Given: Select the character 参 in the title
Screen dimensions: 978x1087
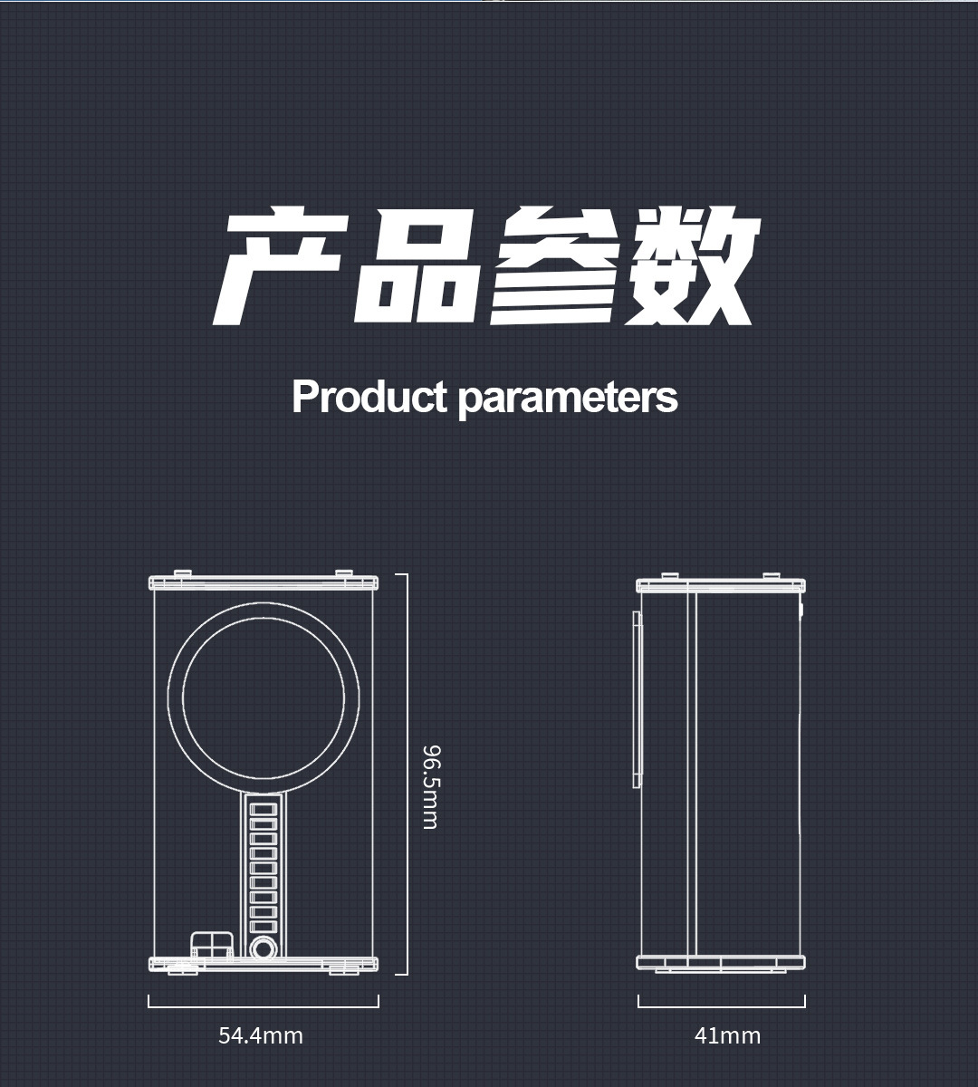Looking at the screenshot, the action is pyautogui.click(x=554, y=268).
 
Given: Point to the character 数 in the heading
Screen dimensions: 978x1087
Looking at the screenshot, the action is pyautogui.click(x=690, y=268).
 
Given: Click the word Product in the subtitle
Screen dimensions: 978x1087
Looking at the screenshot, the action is pyautogui.click(x=369, y=397).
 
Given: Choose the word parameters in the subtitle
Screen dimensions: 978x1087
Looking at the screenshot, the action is pyautogui.click(x=568, y=399).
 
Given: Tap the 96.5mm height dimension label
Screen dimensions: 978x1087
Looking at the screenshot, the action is pyautogui.click(x=431, y=786).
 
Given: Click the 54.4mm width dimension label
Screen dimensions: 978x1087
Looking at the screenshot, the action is pyautogui.click(x=261, y=1034).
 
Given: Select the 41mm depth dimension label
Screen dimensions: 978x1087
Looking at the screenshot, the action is pyautogui.click(x=727, y=1034).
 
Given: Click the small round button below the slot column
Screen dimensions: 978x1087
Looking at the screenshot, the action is pyautogui.click(x=263, y=948).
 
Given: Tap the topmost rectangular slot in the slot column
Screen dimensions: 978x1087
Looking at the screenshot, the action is pyautogui.click(x=263, y=808).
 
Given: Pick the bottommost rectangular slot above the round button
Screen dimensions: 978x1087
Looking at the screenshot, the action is pyautogui.click(x=263, y=926).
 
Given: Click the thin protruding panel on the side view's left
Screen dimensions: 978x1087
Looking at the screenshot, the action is pyautogui.click(x=636, y=698).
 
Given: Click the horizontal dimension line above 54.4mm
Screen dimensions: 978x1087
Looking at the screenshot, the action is pyautogui.click(x=264, y=1005).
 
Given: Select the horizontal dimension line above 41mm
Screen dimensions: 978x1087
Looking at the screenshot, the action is pyautogui.click(x=721, y=1005).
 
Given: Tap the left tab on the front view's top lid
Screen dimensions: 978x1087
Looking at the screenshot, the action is pyautogui.click(x=182, y=572).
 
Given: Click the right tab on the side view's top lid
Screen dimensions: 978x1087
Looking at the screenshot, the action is pyautogui.click(x=771, y=575).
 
